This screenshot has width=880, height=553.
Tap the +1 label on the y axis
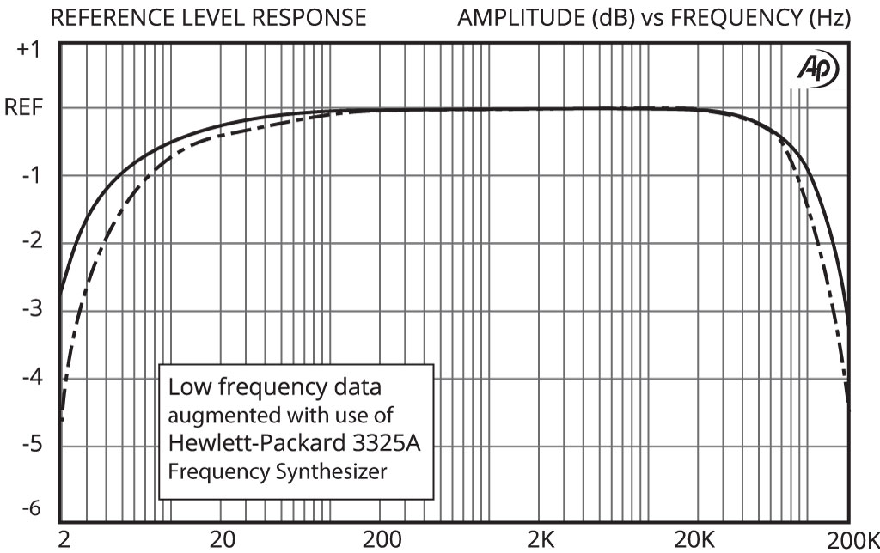29,50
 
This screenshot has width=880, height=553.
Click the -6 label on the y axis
31,508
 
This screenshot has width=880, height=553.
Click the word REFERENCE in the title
113,17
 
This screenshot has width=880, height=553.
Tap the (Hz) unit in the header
832,17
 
